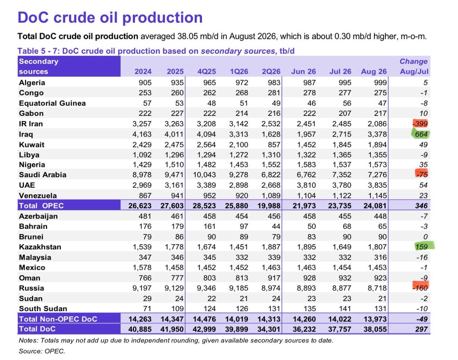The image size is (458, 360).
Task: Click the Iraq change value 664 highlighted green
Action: pos(421,134)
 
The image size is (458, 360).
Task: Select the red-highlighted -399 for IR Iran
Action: pos(420,124)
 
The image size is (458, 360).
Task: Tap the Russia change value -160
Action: pos(420,288)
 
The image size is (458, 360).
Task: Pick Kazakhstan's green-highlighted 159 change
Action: pos(421,247)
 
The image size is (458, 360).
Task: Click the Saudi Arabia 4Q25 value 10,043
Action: pos(204,175)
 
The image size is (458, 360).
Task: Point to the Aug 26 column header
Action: pos(374,71)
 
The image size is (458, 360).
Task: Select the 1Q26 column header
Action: pos(239,71)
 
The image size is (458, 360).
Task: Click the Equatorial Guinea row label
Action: pos(52,103)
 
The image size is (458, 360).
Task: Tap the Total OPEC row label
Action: pos(41,206)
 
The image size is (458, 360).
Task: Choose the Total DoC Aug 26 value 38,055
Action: pos(375,329)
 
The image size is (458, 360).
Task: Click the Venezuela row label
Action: pos(38,195)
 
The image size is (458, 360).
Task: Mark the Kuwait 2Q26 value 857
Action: pos(274,145)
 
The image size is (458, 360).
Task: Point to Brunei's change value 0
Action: pos(426,237)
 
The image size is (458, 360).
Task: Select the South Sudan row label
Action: pos(43,309)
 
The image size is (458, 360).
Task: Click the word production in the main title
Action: pos(162,18)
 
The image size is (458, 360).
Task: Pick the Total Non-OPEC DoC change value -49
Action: pos(422,319)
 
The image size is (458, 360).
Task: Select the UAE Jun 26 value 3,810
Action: pos(306,185)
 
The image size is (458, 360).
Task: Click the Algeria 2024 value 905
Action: pos(145,82)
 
